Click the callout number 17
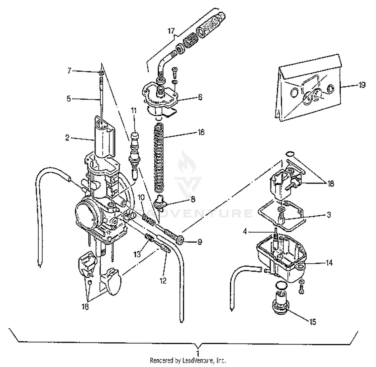(x=171, y=31)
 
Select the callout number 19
(x=361, y=85)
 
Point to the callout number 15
(x=313, y=322)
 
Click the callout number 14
(x=329, y=263)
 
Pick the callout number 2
(x=67, y=138)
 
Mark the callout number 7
(x=69, y=71)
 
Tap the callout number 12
(x=163, y=280)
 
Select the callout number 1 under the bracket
(x=198, y=353)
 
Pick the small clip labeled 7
(x=101, y=73)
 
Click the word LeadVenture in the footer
(x=198, y=361)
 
